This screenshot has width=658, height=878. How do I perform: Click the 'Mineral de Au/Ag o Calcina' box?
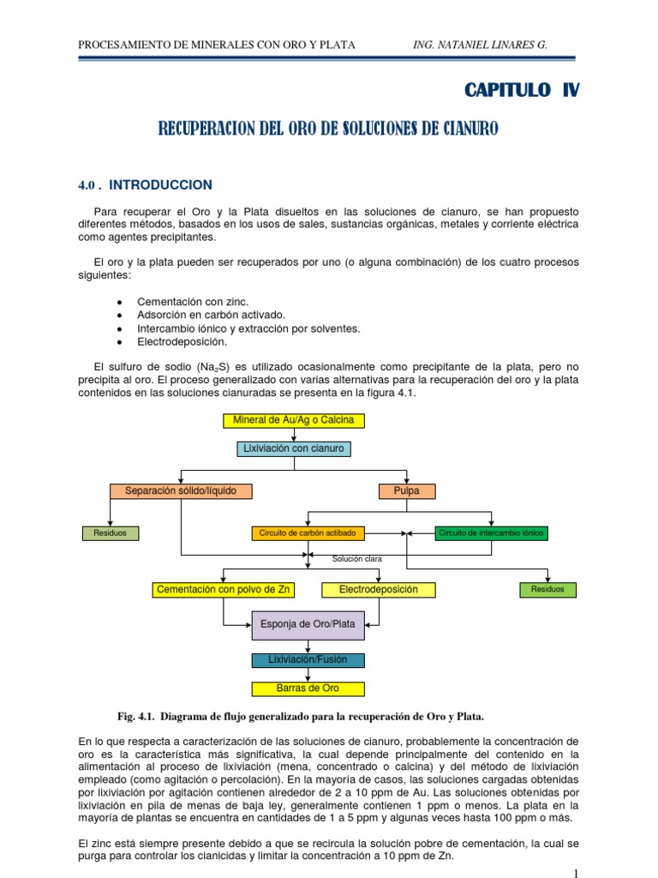[294, 420]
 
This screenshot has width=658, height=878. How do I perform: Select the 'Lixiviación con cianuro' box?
[294, 448]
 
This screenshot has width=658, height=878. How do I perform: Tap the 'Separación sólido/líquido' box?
[181, 491]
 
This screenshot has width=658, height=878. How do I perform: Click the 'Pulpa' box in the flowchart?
[406, 491]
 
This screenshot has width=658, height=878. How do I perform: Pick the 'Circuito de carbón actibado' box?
[308, 533]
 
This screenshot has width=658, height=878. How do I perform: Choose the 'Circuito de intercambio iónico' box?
[491, 533]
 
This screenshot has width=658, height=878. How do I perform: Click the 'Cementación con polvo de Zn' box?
[224, 590]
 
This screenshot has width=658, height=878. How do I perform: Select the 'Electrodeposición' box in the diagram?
[378, 590]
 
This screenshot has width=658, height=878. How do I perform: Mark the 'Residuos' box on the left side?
[110, 533]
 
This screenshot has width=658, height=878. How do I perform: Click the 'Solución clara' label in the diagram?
[357, 559]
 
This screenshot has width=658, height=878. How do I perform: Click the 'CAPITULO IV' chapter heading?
[521, 91]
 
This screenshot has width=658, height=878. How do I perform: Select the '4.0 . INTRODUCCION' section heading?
[146, 185]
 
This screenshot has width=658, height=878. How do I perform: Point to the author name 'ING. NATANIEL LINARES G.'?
[480, 45]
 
